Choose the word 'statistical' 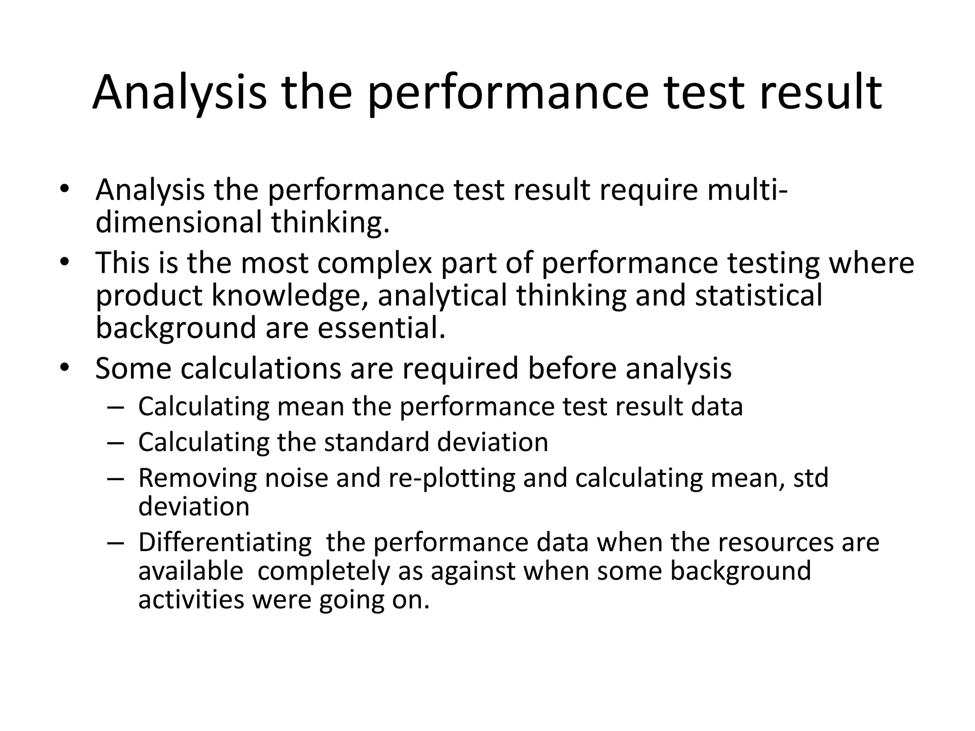tap(758, 295)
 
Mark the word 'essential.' tap(381, 328)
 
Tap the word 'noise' tap(296, 478)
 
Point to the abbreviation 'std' tap(811, 478)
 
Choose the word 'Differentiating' tap(225, 543)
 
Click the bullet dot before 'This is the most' tap(65, 263)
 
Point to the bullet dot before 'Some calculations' tap(65, 368)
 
